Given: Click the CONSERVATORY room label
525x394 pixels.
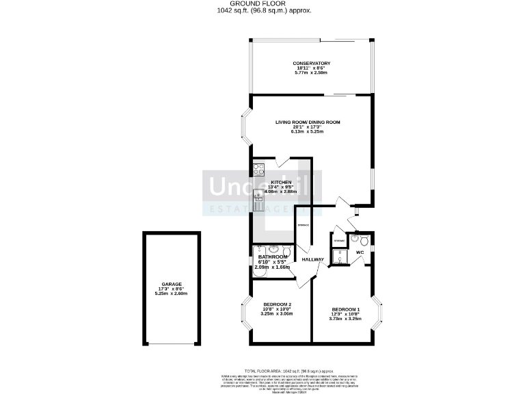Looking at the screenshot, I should point(312,64).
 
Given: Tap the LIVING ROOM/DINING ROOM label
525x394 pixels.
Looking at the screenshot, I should point(308,122).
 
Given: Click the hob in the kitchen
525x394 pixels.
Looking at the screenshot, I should point(258,169).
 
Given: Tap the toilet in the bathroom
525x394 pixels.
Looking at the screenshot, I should point(288,250).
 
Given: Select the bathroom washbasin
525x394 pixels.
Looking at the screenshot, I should point(273,249).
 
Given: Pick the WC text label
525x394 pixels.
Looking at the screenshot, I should point(359,252).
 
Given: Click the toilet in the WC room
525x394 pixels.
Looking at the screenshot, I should point(364,240).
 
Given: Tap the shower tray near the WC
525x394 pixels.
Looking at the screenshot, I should point(340,257).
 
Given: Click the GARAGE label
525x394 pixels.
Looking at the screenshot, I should point(171,284).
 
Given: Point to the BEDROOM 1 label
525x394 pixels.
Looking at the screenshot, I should point(345,308).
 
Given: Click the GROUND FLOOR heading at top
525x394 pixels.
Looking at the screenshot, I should point(262,4).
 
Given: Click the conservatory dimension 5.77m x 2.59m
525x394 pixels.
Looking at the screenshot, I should point(312,73).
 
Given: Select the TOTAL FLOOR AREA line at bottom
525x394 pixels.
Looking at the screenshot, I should point(262,369).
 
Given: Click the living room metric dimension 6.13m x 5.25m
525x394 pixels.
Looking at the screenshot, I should point(307,131).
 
